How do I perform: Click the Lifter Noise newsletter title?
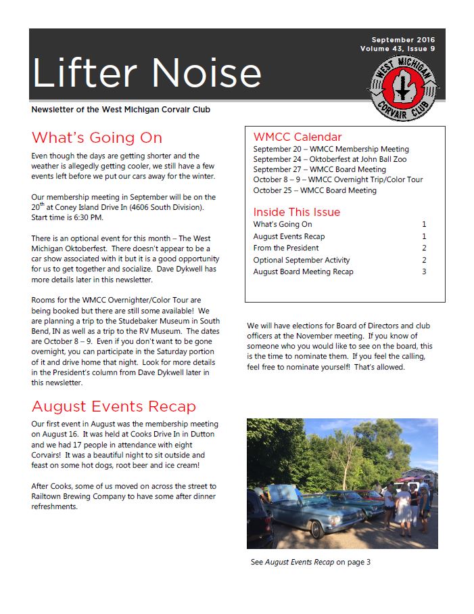point(146,72)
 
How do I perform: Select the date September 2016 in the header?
point(403,39)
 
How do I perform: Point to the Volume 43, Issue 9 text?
point(398,49)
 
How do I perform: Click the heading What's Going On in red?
point(97,138)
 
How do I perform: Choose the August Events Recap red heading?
point(114,407)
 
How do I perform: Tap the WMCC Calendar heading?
point(298,137)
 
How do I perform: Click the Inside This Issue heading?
point(297,212)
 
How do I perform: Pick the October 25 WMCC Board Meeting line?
point(314,190)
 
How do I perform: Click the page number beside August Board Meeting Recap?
point(424,271)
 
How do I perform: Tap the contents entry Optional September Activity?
point(302,260)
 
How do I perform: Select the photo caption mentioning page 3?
point(310,562)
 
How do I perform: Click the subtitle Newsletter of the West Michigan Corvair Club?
point(125,110)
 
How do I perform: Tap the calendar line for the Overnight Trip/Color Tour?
point(338,180)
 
